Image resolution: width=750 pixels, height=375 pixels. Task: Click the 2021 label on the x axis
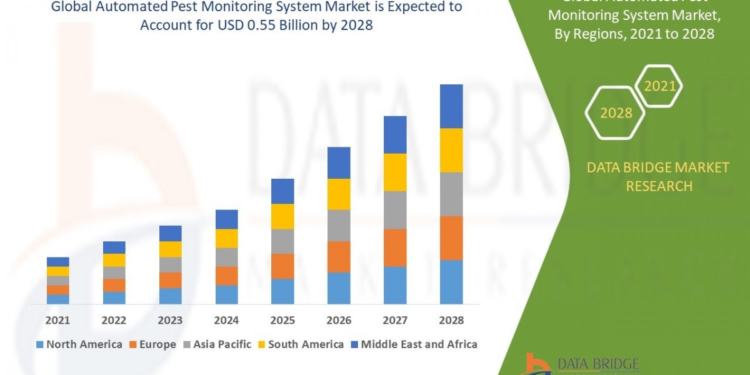pos(57,320)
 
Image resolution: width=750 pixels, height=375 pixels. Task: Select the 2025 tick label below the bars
pos(282,320)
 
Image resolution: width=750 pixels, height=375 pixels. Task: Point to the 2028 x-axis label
pos(451,320)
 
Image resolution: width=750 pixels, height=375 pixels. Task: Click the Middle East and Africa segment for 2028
pos(451,106)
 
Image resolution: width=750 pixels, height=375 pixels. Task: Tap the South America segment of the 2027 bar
pos(395,172)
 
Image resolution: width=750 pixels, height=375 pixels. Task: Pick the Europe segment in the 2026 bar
pos(339,256)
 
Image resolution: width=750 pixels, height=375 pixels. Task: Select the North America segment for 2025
pos(282,291)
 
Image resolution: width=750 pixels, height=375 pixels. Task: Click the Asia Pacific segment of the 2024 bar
pos(226,257)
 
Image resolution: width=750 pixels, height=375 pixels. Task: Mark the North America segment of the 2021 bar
pos(57,299)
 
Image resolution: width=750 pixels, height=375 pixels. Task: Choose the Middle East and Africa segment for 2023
pos(170,233)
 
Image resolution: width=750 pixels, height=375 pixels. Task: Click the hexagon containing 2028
pos(616,112)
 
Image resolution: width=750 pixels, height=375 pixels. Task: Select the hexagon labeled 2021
pos(659,86)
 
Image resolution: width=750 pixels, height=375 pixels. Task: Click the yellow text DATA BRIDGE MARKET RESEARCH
pos(659,177)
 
